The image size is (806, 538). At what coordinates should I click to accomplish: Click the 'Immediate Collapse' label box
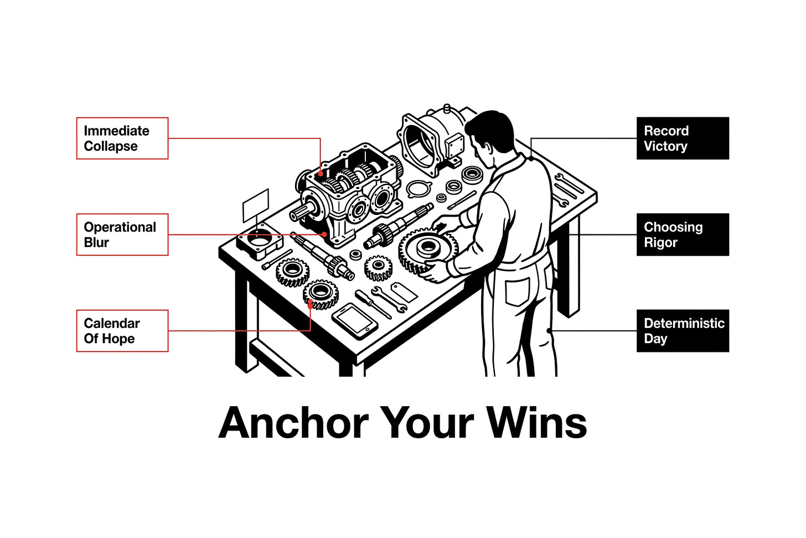coord(122,139)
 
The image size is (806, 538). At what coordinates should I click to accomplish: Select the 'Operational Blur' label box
coord(122,234)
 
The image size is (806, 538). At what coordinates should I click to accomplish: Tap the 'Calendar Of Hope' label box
coord(122,331)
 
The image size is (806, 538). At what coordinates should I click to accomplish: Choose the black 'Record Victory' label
coord(683,139)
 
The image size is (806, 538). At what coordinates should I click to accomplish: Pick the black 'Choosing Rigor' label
coord(683,234)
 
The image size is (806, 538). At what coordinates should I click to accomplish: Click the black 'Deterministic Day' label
coord(683,331)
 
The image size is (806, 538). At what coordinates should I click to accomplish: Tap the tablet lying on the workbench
coord(355,320)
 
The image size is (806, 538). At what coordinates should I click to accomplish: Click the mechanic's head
coord(490,137)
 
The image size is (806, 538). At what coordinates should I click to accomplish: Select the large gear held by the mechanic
coord(428,250)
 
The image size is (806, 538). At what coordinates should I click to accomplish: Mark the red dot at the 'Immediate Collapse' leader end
coord(320,173)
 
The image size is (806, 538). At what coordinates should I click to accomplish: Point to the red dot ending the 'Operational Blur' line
coord(324,234)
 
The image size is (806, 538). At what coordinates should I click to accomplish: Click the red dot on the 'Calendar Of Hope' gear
coord(310,305)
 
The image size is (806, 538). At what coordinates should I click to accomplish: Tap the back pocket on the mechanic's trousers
coord(517,291)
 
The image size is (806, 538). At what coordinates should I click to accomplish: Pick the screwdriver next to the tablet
coord(373,304)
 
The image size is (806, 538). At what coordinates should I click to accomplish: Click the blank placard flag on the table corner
coord(256,206)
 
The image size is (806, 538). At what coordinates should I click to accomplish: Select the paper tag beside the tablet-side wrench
coord(404,292)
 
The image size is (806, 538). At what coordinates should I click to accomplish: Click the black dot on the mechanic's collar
coord(531,158)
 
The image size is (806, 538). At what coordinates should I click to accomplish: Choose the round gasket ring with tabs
coord(420,189)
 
